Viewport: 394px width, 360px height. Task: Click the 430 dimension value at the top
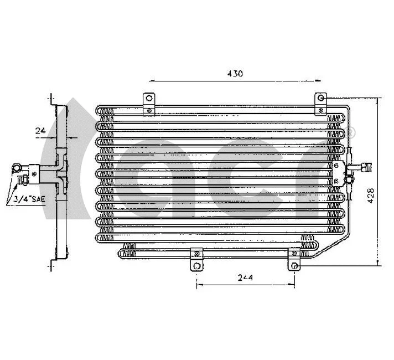point(235,73)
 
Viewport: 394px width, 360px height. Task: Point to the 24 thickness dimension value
point(40,131)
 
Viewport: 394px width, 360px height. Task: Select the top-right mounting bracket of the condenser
point(320,103)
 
